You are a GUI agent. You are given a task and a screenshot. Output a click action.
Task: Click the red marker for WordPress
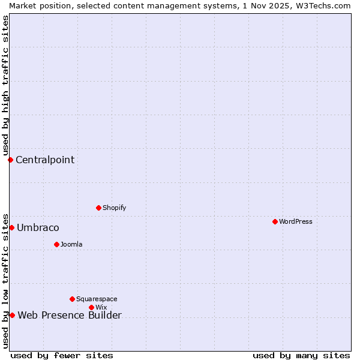(275, 221)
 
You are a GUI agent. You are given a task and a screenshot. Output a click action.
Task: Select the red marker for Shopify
(98, 208)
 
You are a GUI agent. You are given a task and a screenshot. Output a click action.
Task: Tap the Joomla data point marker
(56, 244)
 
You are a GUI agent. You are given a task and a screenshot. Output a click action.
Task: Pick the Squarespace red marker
(72, 299)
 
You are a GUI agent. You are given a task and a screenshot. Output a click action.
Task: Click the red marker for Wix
(91, 307)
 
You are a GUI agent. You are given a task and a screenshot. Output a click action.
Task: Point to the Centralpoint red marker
(10, 160)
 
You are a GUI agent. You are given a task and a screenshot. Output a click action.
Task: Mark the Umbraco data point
(11, 227)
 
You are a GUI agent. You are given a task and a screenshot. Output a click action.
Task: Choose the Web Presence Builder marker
(12, 315)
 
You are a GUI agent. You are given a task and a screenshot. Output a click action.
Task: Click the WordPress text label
(295, 221)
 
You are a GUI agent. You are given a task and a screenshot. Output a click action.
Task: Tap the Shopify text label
(114, 208)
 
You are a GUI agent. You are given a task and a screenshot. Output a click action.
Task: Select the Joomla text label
(71, 244)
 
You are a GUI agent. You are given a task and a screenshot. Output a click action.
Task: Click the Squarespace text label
(97, 299)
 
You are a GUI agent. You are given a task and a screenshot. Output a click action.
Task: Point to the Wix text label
(101, 307)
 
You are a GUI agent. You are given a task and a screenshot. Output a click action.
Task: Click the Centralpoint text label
(45, 160)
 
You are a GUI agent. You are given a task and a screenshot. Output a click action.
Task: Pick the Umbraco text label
(38, 227)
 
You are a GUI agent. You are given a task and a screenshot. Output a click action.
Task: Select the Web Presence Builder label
(70, 316)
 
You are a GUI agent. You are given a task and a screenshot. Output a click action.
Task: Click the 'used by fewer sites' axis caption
(62, 355)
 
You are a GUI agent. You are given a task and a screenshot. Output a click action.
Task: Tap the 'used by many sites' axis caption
(301, 355)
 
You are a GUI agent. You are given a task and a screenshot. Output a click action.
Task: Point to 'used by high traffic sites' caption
(5, 84)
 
